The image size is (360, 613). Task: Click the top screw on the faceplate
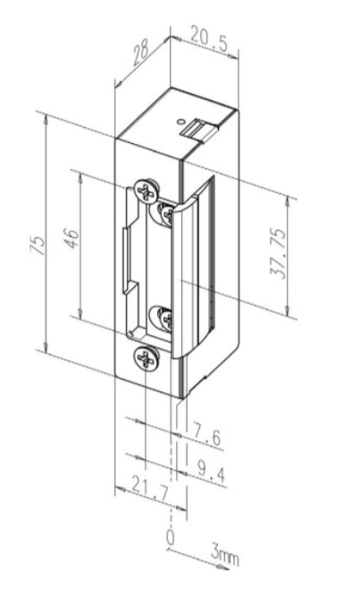click(x=145, y=190)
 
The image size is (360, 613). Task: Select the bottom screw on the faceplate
click(x=145, y=359)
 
